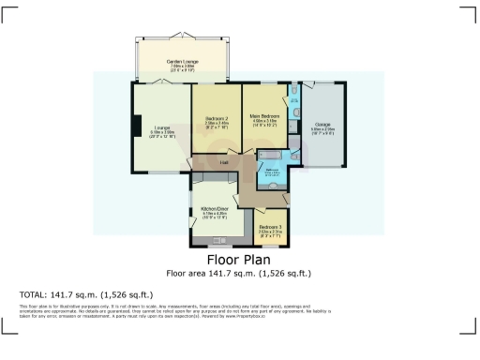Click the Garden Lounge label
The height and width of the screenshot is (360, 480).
pos(181,62)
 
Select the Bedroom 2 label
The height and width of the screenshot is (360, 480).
pos(217,118)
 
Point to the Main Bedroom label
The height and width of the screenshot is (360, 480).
pos(265,116)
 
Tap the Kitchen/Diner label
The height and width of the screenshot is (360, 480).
pos(216,208)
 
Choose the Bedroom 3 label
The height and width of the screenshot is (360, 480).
pos(270,227)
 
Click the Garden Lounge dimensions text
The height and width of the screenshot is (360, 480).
pos(181,67)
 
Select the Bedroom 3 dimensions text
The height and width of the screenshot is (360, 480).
pos(270,232)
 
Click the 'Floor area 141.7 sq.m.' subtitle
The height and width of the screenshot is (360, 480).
pos(239,274)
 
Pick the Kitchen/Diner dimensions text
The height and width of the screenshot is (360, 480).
pos(216,215)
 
